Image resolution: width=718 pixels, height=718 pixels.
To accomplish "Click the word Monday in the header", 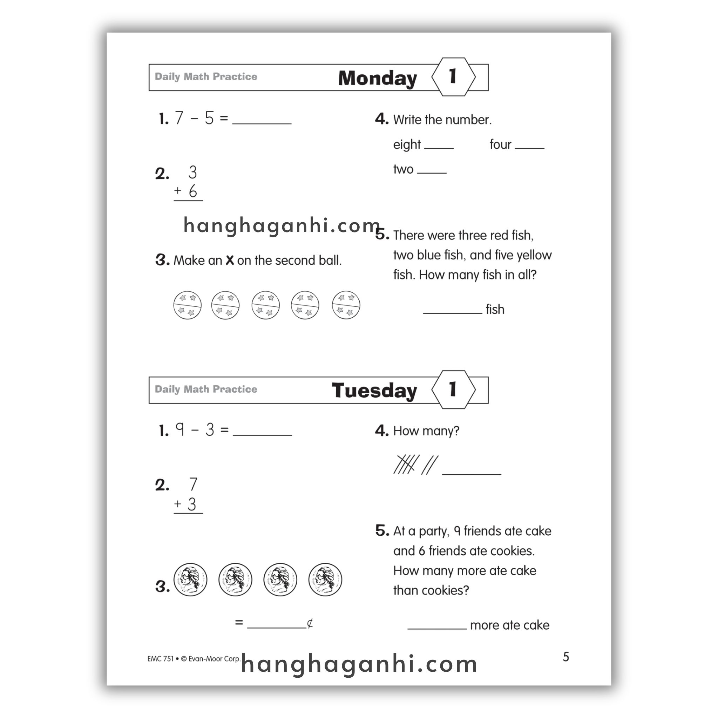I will (377, 78).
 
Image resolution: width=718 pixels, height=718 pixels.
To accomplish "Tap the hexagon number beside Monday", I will (453, 76).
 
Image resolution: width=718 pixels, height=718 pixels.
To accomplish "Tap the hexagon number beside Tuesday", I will (453, 390).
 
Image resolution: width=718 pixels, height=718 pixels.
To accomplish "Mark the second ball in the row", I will (225, 305).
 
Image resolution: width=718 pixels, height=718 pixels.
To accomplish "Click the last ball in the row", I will (346, 305).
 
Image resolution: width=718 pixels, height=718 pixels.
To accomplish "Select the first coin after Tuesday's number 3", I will (190, 580).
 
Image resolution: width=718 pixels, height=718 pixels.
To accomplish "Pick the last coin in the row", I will (325, 580).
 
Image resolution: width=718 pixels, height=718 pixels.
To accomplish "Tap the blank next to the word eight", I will (439, 146).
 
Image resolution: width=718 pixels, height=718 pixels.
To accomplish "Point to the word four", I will (500, 144).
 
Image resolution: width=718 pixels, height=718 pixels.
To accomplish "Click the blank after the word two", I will (432, 171).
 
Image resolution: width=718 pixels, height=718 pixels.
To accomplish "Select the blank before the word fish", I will (452, 311).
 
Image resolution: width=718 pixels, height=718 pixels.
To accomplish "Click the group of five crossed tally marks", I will (406, 465).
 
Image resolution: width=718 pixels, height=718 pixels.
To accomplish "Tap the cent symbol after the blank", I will (310, 623).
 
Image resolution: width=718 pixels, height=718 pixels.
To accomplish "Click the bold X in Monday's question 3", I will (230, 260).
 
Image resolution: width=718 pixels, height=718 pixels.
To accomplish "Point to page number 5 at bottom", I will (565, 657).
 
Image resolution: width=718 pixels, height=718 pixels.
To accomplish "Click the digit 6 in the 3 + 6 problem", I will (192, 191).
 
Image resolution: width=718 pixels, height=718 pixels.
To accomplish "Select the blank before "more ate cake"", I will (437, 626).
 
